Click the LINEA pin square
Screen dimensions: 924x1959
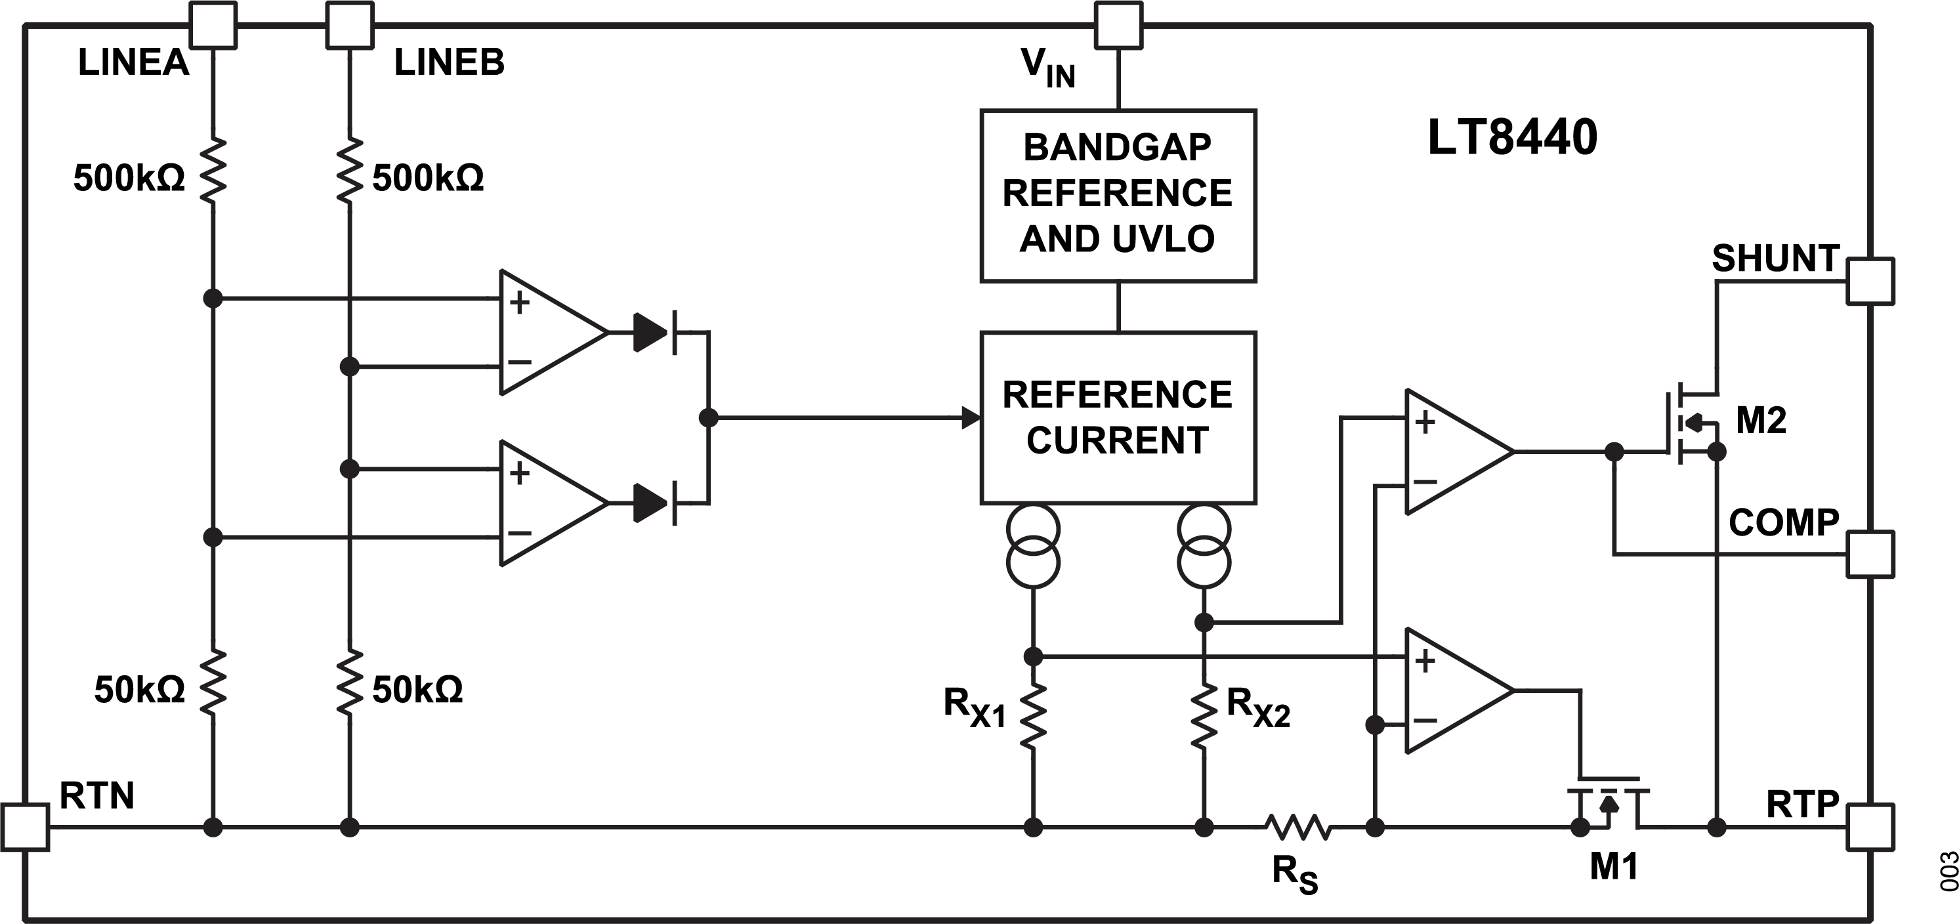point(213,24)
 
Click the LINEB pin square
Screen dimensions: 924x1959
point(350,24)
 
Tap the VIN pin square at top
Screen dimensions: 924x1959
point(1118,24)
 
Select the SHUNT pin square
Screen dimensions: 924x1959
point(1870,282)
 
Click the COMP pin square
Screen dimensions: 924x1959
point(1870,554)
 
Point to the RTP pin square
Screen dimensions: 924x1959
point(1870,826)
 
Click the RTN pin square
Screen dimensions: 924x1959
point(25,827)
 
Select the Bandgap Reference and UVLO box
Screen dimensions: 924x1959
point(1118,196)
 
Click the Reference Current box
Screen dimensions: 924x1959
point(1118,417)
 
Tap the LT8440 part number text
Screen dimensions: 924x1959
point(1512,138)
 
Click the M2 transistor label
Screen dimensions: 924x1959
point(1761,421)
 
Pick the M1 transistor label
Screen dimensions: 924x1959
point(1613,867)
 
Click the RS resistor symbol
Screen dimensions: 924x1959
point(1297,827)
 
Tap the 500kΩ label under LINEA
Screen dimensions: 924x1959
point(129,178)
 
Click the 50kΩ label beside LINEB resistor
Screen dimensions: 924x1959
point(417,690)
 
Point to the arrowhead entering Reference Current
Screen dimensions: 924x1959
point(971,417)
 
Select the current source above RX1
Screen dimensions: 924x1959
point(1033,546)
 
